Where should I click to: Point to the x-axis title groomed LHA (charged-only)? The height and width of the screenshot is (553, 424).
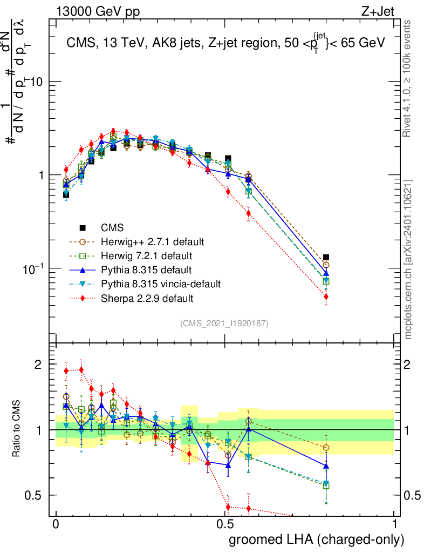click(x=317, y=539)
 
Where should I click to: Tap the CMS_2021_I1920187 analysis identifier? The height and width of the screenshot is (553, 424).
click(x=224, y=323)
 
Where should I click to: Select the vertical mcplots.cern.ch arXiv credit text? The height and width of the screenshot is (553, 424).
click(x=409, y=259)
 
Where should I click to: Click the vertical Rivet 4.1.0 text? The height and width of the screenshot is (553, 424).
click(x=409, y=76)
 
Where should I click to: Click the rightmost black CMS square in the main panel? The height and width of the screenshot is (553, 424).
click(x=326, y=258)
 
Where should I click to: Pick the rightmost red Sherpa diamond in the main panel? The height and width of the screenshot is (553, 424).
click(x=326, y=296)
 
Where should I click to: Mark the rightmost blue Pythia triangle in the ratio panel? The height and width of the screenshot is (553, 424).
click(x=326, y=466)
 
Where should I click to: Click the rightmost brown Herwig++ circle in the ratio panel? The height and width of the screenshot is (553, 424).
click(x=326, y=448)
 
